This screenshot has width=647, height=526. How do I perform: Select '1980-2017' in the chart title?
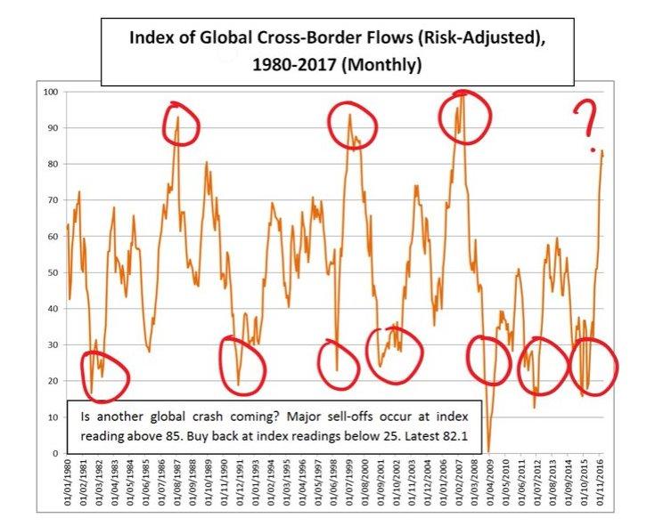click(284, 65)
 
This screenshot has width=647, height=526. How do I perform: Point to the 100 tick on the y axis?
click(50, 93)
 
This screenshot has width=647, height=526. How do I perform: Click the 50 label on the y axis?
click(53, 273)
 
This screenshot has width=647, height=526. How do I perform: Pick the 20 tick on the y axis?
click(53, 381)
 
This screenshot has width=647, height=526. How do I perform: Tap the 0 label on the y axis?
click(55, 453)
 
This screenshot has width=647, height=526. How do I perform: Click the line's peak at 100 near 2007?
click(460, 93)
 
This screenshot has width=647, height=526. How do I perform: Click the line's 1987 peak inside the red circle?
click(178, 117)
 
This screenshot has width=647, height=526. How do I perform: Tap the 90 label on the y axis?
click(53, 128)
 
